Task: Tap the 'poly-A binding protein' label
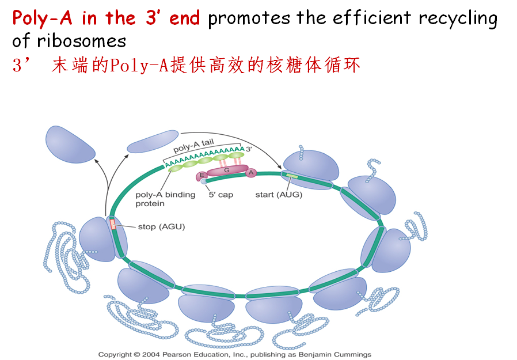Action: pyautogui.click(x=158, y=199)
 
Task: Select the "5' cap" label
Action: pyautogui.click(x=221, y=195)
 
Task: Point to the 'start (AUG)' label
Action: pyautogui.click(x=279, y=195)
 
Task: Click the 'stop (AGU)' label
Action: pyautogui.click(x=161, y=226)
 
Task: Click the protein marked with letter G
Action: pyautogui.click(x=226, y=171)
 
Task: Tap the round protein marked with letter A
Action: pyautogui.click(x=251, y=172)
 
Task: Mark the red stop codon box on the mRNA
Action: pyautogui.click(x=113, y=223)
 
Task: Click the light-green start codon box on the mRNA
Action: pyautogui.click(x=292, y=176)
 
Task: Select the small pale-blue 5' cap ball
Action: pyautogui.click(x=204, y=181)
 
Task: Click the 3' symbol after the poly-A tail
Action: pyautogui.click(x=249, y=150)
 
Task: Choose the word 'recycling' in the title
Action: pyautogui.click(x=458, y=18)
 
